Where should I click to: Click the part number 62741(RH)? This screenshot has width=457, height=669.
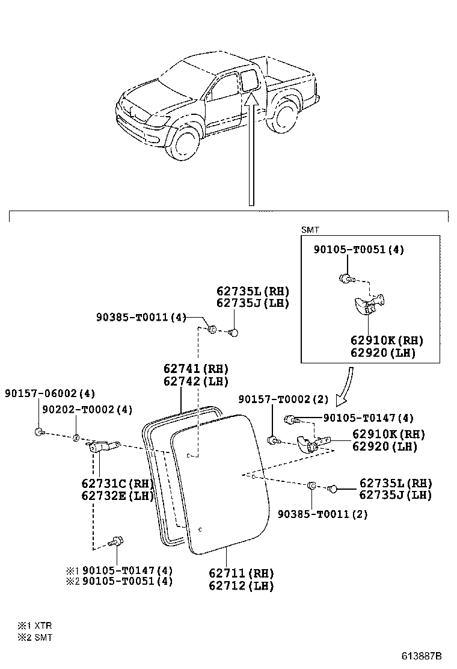pyautogui.click(x=196, y=368)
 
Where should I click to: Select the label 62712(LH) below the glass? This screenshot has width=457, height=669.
pyautogui.click(x=241, y=585)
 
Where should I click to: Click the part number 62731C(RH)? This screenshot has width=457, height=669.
pyautogui.click(x=117, y=483)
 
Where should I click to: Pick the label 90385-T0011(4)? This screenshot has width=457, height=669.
pyautogui.click(x=141, y=316)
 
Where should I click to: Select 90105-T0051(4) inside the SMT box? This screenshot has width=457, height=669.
pyautogui.click(x=358, y=250)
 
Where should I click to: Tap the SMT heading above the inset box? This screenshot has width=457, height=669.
pyautogui.click(x=309, y=229)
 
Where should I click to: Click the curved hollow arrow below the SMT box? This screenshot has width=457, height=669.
pyautogui.click(x=346, y=387)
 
